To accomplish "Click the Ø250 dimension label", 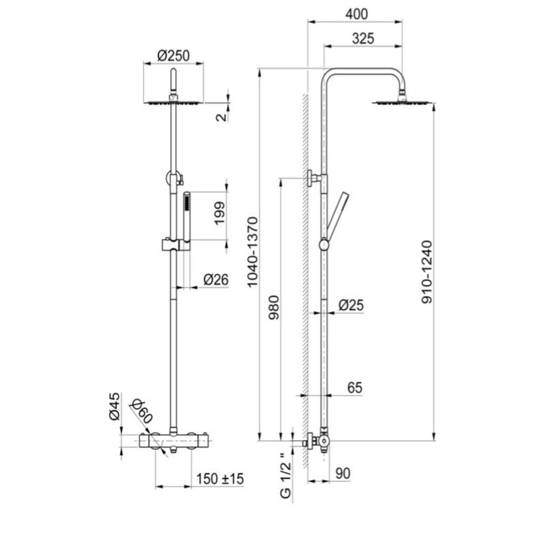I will point(173,55).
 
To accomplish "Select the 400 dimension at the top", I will point(356,13).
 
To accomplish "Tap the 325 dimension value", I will point(363,39).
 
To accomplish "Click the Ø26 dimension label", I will point(216,279).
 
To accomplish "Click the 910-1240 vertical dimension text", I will point(426,272).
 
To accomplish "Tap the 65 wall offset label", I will point(354,388).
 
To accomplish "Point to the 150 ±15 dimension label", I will point(219,479).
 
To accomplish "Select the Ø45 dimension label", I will point(114,406).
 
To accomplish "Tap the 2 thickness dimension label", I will point(219,116).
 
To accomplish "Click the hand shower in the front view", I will point(185,217).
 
